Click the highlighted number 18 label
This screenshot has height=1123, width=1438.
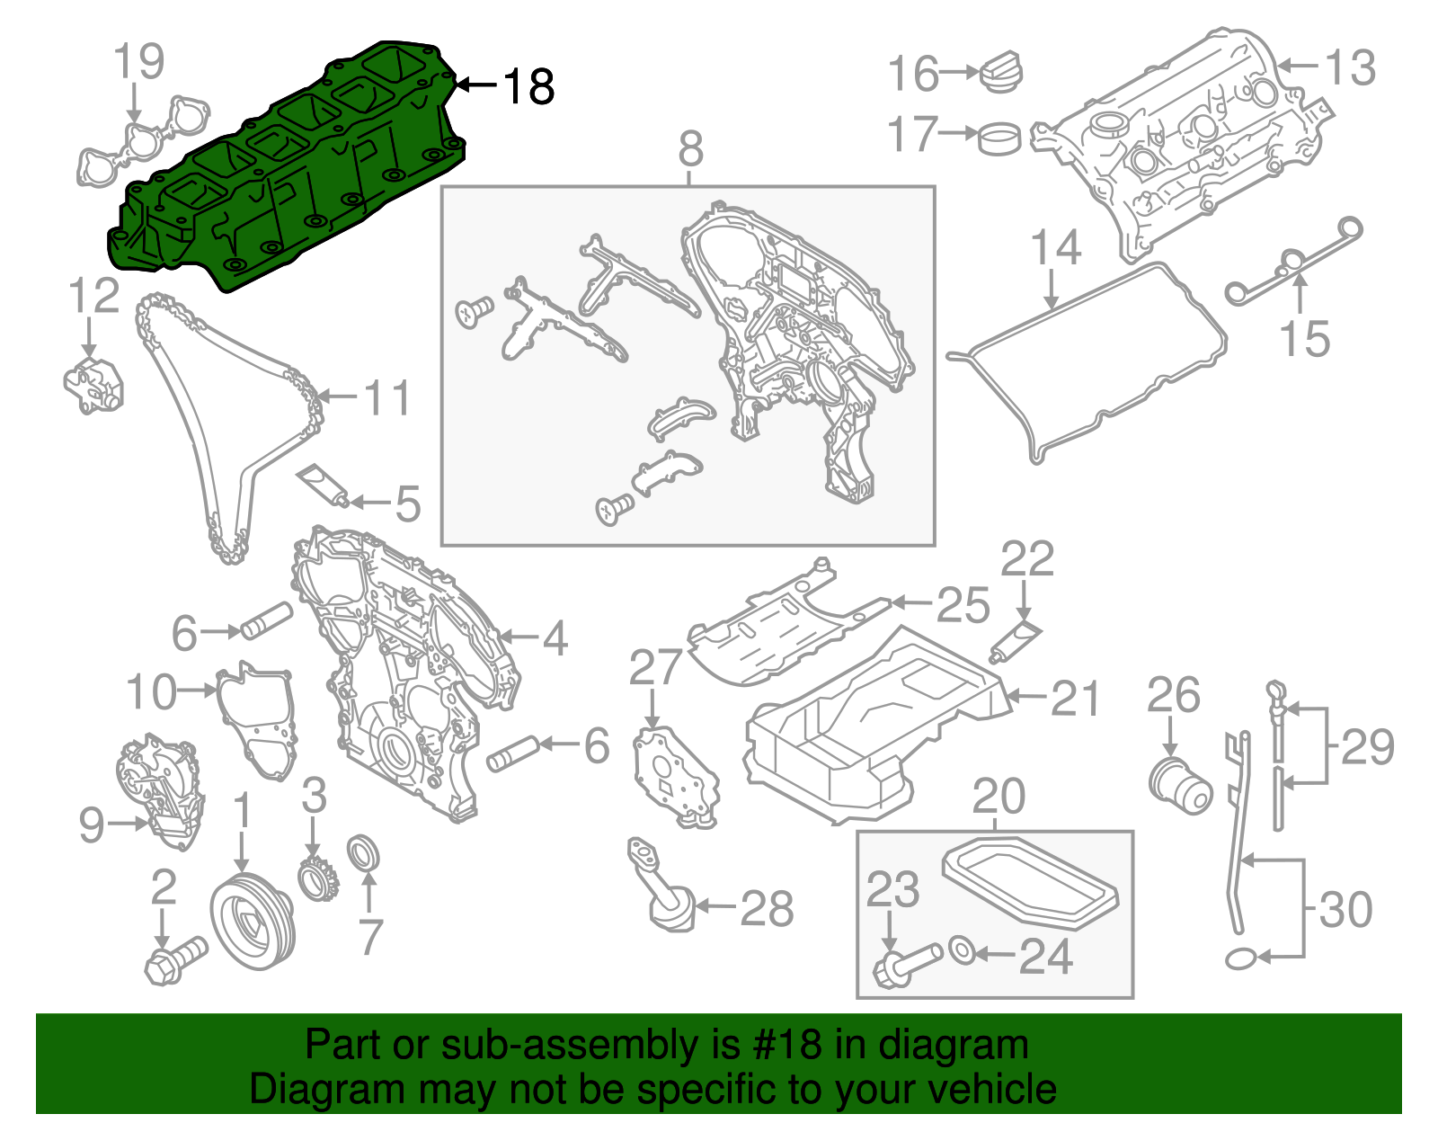click(x=528, y=87)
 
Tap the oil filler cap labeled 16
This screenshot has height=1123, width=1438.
click(x=1000, y=72)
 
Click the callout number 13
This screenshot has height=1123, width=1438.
click(x=1350, y=68)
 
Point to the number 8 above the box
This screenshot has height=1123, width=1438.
click(x=690, y=149)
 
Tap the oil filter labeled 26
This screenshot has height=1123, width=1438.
click(x=1181, y=781)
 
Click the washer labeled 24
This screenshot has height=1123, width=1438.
click(x=960, y=949)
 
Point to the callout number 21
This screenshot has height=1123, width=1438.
click(x=1075, y=699)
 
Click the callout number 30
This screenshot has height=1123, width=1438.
click(x=1345, y=910)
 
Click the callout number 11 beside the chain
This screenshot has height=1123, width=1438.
click(x=387, y=397)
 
